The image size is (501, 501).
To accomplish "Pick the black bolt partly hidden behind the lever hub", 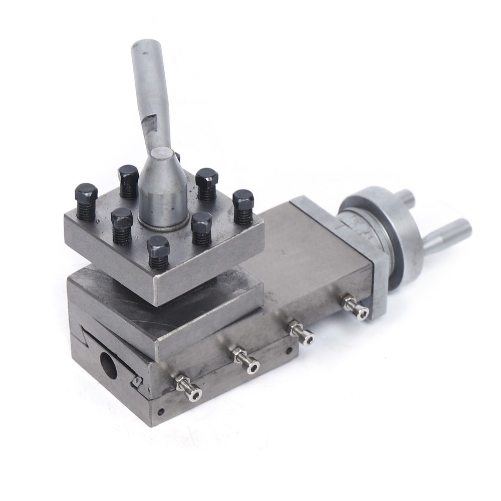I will (176, 156).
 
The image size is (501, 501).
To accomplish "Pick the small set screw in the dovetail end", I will (136, 382).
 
